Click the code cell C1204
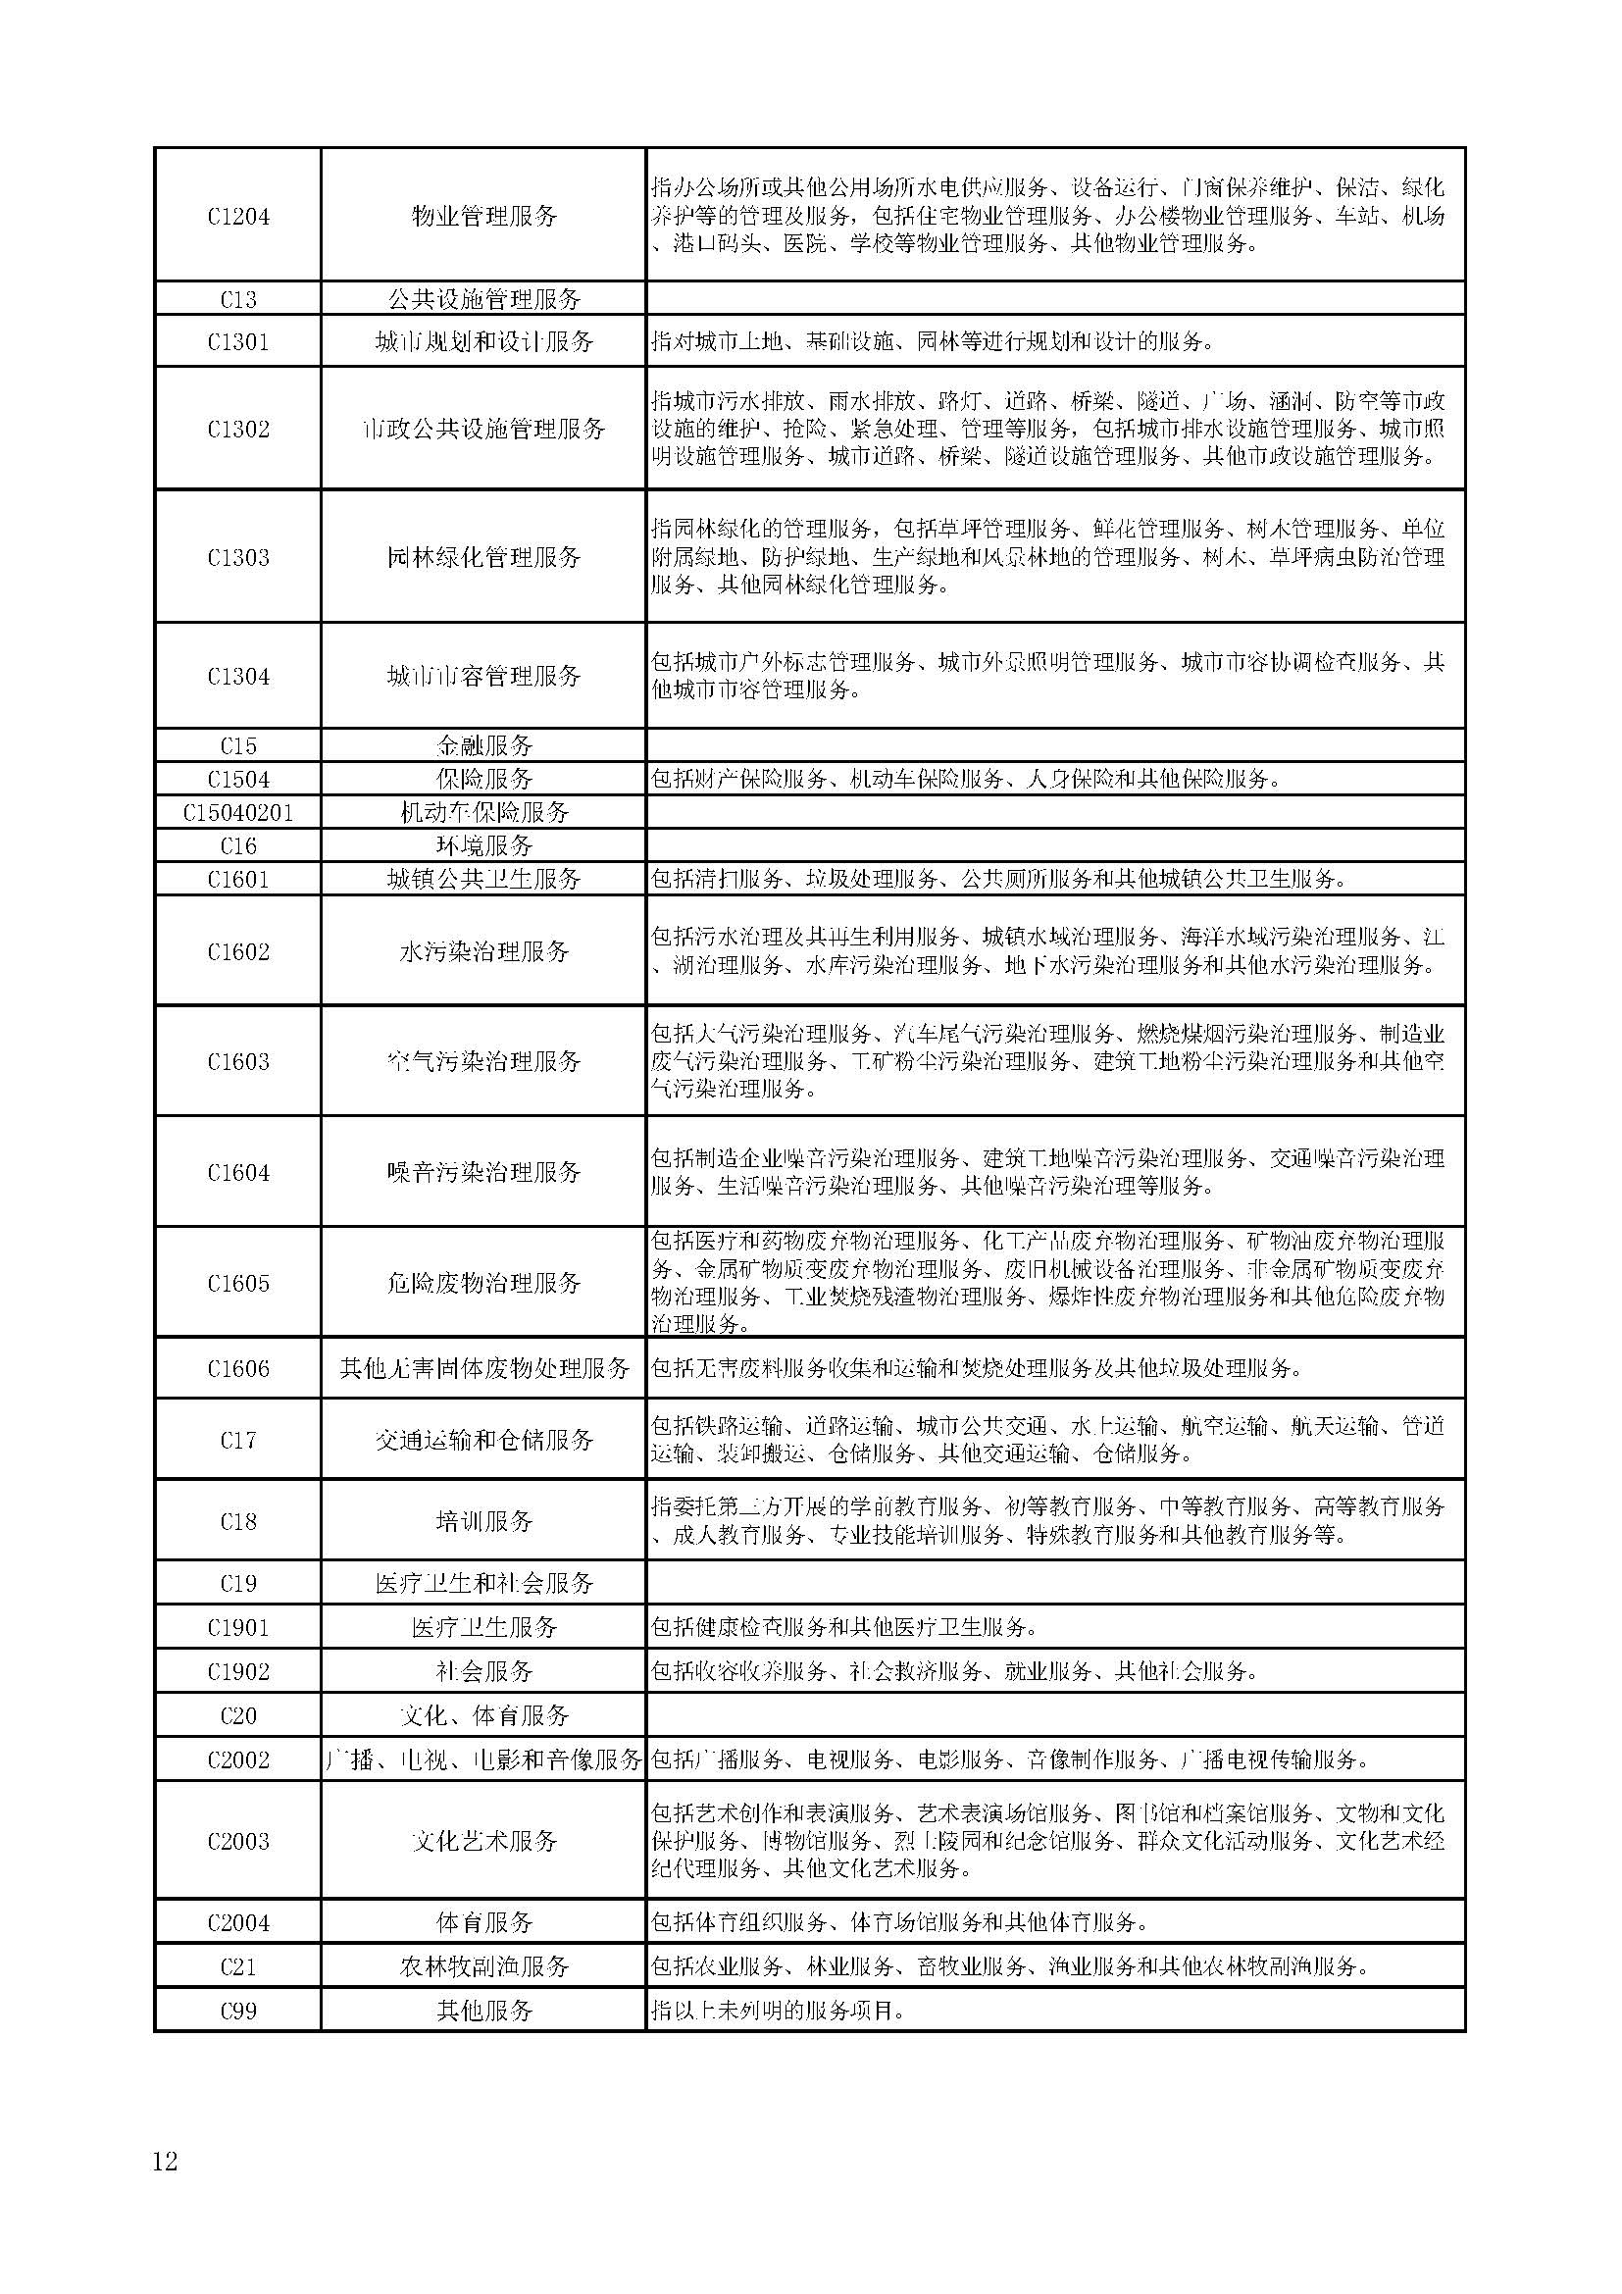coord(237,216)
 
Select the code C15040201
coord(237,812)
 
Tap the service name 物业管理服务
coord(484,216)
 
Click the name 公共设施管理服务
coord(484,299)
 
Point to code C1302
coord(237,429)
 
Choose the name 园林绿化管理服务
coord(484,556)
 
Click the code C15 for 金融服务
coord(237,745)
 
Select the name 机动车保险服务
coord(484,812)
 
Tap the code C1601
coord(237,879)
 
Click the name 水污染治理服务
coord(484,951)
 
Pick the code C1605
coord(237,1283)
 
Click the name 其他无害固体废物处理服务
coord(484,1368)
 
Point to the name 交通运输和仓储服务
coord(484,1440)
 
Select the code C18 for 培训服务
coord(237,1522)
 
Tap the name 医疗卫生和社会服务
coord(484,1584)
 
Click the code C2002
coord(237,1759)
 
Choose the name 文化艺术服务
coord(484,1840)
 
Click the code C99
coord(237,2011)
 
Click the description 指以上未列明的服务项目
coord(778,2011)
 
